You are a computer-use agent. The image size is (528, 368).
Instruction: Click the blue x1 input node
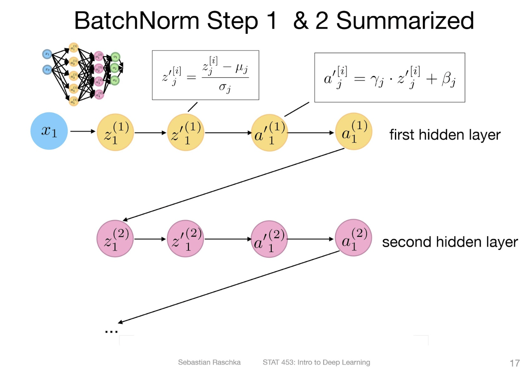tap(49, 131)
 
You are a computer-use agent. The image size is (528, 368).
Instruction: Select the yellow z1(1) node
tap(115, 132)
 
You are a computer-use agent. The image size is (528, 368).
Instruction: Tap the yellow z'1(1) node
tap(186, 132)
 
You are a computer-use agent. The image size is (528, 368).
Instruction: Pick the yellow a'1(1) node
tap(269, 133)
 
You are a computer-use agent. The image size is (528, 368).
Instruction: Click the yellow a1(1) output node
tap(354, 131)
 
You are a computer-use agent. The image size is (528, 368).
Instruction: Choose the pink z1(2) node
tap(115, 239)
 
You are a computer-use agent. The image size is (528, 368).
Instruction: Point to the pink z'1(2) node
tap(186, 239)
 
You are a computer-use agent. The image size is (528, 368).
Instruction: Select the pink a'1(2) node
tap(269, 239)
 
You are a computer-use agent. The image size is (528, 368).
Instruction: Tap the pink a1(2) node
tap(354, 238)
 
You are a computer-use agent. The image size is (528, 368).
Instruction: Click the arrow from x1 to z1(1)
tap(83, 131)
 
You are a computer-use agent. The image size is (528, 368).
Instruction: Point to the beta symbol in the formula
tap(449, 79)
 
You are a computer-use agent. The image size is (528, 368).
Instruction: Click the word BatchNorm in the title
tap(136, 21)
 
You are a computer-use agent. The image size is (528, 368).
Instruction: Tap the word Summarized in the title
tap(405, 21)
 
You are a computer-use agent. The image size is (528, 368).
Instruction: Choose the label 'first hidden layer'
tap(445, 135)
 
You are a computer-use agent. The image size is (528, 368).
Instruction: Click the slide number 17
tap(514, 363)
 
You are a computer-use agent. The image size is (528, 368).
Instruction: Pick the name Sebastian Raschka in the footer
tap(209, 362)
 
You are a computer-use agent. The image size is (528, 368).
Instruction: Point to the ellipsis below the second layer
tap(111, 332)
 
